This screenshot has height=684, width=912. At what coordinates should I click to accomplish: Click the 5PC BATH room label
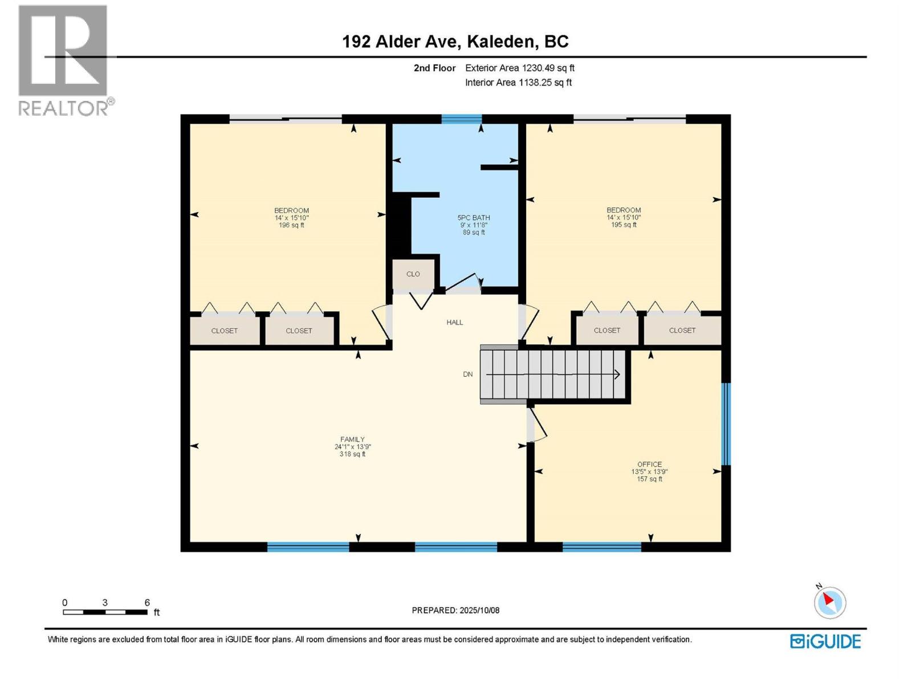click(474, 217)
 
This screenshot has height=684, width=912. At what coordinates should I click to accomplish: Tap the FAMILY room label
click(352, 439)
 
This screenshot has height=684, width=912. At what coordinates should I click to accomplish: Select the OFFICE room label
click(649, 464)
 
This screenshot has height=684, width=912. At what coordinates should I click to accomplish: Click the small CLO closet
click(413, 274)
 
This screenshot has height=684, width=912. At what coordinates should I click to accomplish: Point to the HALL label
click(454, 323)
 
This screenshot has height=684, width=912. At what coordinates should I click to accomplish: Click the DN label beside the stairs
click(467, 374)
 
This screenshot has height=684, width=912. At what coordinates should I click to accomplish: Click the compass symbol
click(829, 602)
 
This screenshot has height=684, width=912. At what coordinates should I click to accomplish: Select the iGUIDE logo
click(825, 641)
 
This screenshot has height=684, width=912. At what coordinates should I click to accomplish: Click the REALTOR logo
click(64, 60)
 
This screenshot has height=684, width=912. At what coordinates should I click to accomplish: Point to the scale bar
click(105, 612)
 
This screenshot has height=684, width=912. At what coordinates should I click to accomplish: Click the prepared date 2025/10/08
click(455, 610)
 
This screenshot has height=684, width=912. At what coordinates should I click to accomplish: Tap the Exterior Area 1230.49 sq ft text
click(519, 68)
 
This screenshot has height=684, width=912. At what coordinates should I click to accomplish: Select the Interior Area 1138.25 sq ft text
click(518, 83)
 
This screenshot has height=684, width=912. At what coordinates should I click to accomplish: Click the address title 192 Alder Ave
click(455, 42)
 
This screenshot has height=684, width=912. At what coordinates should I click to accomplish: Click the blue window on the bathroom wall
click(461, 119)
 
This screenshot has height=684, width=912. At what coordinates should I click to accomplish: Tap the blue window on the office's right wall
click(726, 424)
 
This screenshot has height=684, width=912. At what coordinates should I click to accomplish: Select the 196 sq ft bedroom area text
click(291, 225)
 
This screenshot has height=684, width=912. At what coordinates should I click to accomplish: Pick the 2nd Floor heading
click(434, 68)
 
